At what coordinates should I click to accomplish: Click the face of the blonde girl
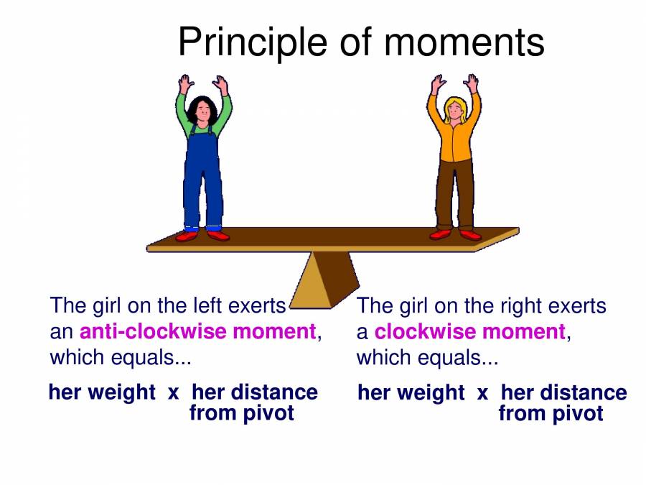[x=455, y=108]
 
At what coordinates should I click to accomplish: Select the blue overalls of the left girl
[x=203, y=172]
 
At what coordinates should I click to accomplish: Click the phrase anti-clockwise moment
[x=197, y=331]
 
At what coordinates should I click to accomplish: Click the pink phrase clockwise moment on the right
[x=470, y=331]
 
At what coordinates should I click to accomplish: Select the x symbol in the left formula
[x=173, y=392]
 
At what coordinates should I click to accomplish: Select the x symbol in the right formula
[x=482, y=392]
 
